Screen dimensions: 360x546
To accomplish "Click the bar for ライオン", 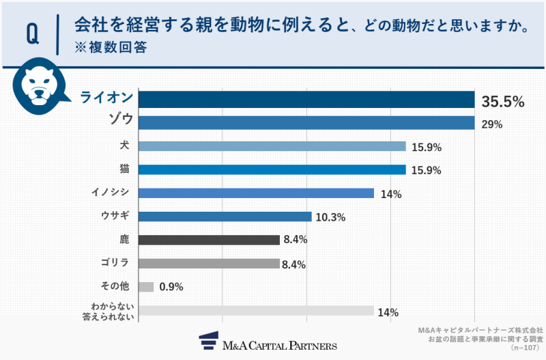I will click(306, 100).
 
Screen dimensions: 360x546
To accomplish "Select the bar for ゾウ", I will click(306, 123).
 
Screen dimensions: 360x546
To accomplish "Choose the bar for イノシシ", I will click(256, 193).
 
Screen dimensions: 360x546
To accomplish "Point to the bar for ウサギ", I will click(225, 217).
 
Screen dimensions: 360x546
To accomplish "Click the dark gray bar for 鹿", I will click(209, 240).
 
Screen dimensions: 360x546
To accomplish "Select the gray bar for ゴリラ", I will click(209, 264).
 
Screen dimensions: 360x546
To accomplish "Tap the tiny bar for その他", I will click(146, 287).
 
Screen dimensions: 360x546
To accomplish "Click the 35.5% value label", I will click(503, 102).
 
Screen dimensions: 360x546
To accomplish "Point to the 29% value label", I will click(491, 124).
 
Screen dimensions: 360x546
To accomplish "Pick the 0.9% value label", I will click(171, 288).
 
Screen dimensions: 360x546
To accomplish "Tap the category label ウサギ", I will click(115, 217).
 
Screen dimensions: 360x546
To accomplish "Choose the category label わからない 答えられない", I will click(111, 311).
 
